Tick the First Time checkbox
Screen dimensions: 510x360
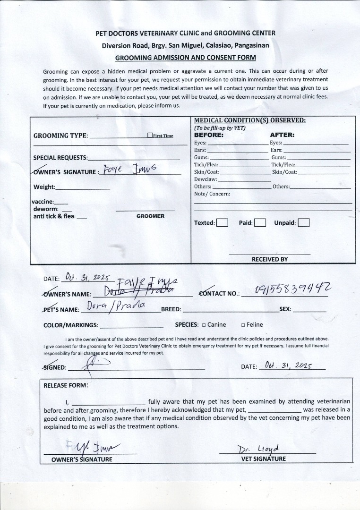coord(150,136)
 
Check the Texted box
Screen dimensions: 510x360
coord(222,223)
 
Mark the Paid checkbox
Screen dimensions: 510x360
coord(259,223)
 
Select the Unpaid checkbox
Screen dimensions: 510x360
coord(304,223)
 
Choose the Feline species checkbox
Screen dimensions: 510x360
coord(243,325)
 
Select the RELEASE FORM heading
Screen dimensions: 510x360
coord(66,385)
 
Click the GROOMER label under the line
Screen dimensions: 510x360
coord(150,216)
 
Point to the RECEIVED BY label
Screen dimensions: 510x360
coord(269,259)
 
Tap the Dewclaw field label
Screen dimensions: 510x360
coord(206,179)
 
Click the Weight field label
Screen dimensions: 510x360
coord(44,187)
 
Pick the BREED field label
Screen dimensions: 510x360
coord(171,310)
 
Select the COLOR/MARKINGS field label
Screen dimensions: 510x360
coord(71,325)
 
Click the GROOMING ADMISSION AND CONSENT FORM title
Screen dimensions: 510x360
coord(186,58)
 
